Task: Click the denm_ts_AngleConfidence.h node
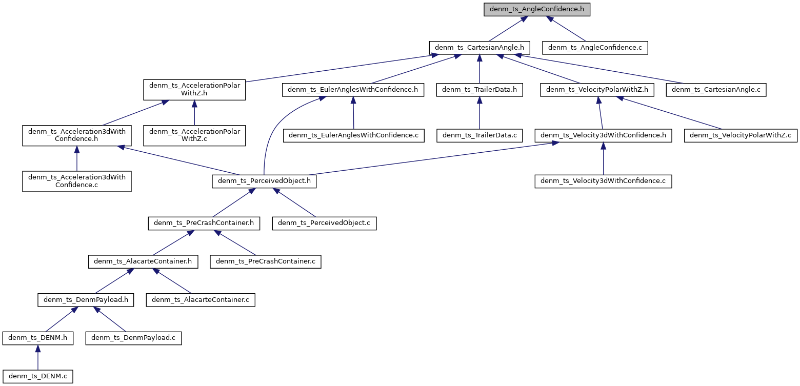pyautogui.click(x=537, y=9)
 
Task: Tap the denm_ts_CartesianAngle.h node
pyautogui.click(x=479, y=48)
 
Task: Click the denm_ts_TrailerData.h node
pyautogui.click(x=479, y=90)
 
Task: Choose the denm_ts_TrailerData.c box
pyautogui.click(x=479, y=135)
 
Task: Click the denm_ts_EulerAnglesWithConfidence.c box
pyautogui.click(x=354, y=135)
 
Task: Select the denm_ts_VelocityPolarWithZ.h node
pyautogui.click(x=597, y=90)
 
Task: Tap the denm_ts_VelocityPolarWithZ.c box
pyautogui.click(x=741, y=135)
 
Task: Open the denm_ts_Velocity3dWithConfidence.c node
pyautogui.click(x=603, y=181)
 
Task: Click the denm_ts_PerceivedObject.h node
pyautogui.click(x=264, y=181)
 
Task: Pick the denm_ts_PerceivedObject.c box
pyautogui.click(x=324, y=224)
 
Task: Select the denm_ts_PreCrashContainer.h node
pyautogui.click(x=204, y=224)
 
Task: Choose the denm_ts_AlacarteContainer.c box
pyautogui.click(x=201, y=300)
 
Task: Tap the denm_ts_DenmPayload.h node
pyautogui.click(x=86, y=300)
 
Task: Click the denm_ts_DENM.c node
pyautogui.click(x=37, y=376)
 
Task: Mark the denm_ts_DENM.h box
pyautogui.click(x=37, y=338)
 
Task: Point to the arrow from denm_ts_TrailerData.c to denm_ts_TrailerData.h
pyautogui.click(x=479, y=113)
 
